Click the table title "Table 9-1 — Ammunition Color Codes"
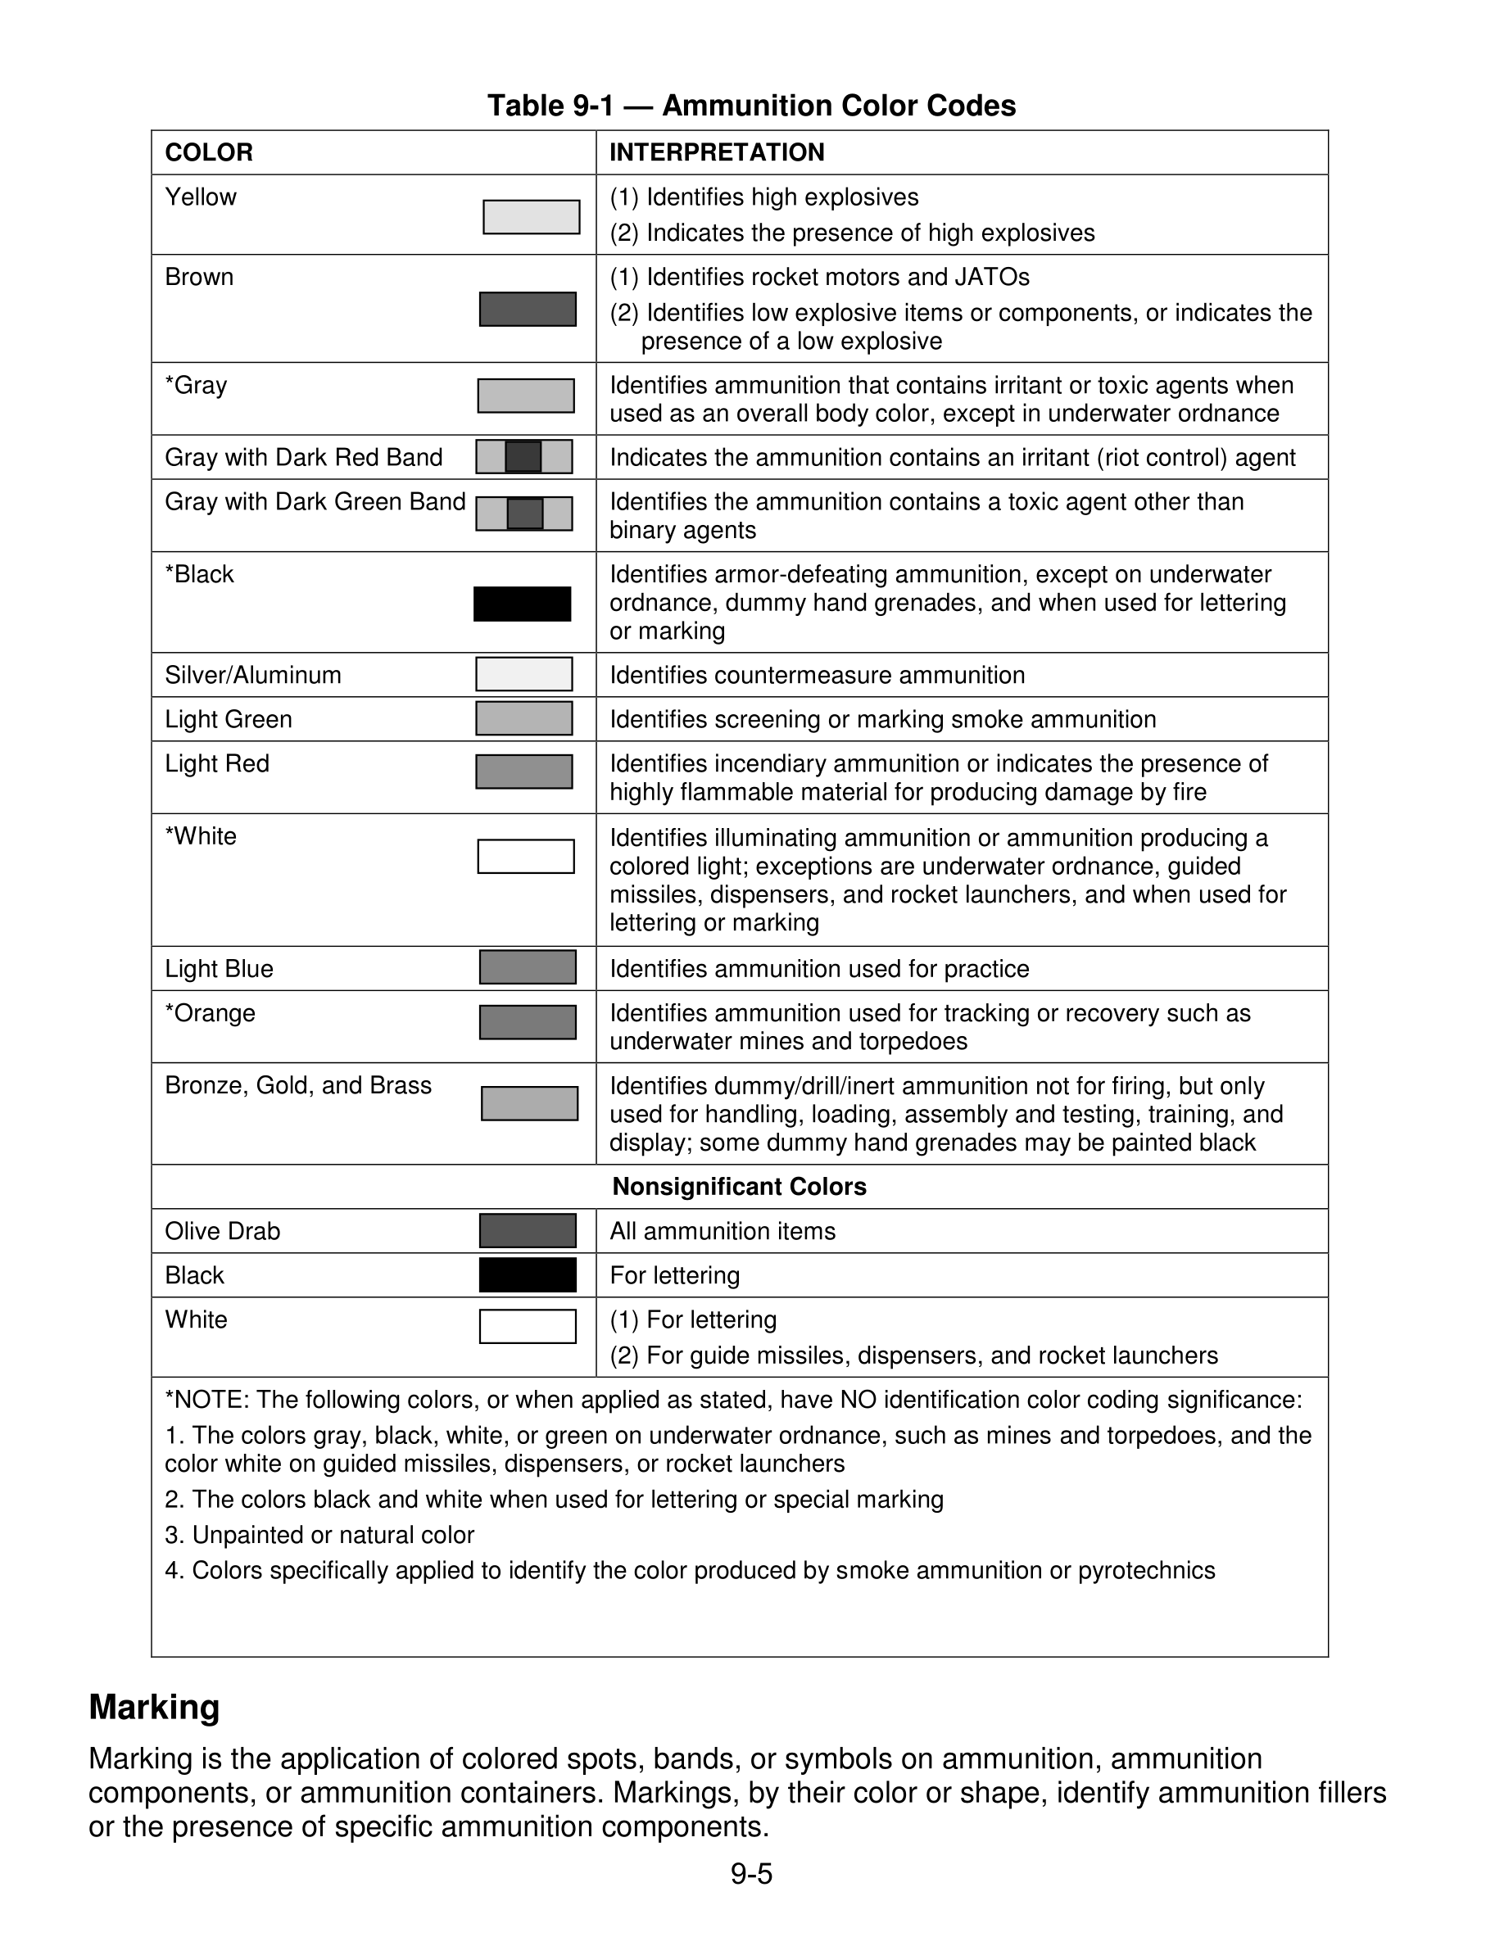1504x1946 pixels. (x=751, y=106)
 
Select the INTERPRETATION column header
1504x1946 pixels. (x=716, y=152)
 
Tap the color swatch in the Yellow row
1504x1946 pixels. (x=531, y=217)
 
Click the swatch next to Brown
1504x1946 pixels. (x=528, y=310)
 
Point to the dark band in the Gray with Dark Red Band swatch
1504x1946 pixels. (x=523, y=456)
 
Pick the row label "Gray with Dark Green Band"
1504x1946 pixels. (x=315, y=501)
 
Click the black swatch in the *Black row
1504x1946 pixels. (x=522, y=604)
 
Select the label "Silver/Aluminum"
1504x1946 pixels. (x=253, y=675)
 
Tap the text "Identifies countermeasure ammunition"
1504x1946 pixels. (x=817, y=675)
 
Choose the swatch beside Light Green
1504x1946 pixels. (x=524, y=718)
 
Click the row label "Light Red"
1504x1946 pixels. (x=216, y=763)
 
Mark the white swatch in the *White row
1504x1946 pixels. (x=526, y=856)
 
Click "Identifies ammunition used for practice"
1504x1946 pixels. (x=819, y=969)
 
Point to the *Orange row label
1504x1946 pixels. (x=211, y=1013)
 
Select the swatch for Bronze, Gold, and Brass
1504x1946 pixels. (x=529, y=1103)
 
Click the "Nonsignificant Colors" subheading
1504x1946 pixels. (x=739, y=1187)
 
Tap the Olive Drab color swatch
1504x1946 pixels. (x=528, y=1230)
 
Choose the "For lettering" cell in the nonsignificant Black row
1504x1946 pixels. (x=674, y=1275)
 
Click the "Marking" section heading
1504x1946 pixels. (x=154, y=1707)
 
